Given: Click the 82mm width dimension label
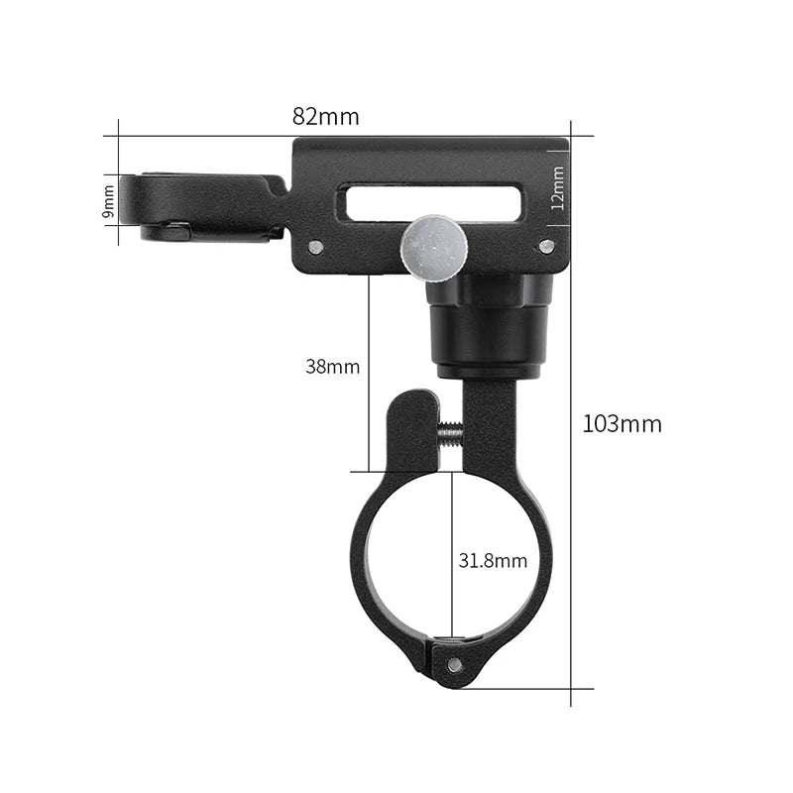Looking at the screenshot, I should pyautogui.click(x=325, y=115).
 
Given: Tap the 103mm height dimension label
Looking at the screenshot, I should pyautogui.click(x=622, y=424).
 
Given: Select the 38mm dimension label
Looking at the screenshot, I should pyautogui.click(x=332, y=367).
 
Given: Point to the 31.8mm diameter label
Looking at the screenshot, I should pyautogui.click(x=493, y=561).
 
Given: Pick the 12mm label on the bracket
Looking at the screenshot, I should pyautogui.click(x=557, y=188).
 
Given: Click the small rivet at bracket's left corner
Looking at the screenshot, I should pyautogui.click(x=315, y=247).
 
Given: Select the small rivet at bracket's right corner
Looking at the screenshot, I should pyautogui.click(x=546, y=246).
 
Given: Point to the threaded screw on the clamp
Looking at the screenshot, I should pyautogui.click(x=450, y=430).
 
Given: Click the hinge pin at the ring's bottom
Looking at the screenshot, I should pyautogui.click(x=454, y=664).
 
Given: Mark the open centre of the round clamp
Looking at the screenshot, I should pyautogui.click(x=416, y=555).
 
